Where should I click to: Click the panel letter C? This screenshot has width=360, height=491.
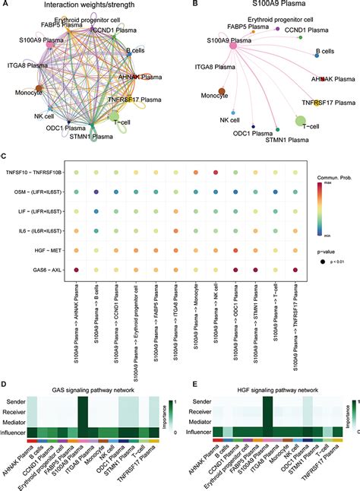[4, 156]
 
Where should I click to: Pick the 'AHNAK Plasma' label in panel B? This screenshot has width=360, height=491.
[333, 78]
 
